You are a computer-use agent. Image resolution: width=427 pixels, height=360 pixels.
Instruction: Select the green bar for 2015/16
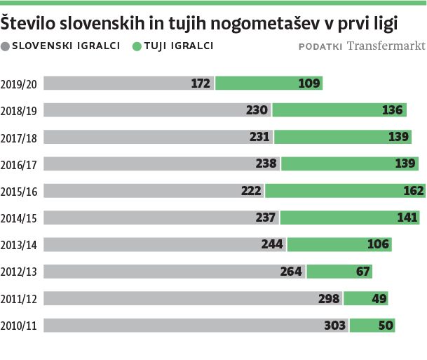point(344,191)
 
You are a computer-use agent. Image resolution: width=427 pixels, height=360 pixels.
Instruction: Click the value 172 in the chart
point(201,84)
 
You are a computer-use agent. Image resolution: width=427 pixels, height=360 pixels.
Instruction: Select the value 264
point(291,272)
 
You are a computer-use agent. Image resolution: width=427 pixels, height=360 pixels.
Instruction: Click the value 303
point(335,326)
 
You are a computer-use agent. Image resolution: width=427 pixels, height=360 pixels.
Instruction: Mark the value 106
point(379,245)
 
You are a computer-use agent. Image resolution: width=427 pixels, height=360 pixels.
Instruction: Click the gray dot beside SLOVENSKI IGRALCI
point(6,46)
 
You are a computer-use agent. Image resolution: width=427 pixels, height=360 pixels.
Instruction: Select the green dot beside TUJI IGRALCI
point(135,46)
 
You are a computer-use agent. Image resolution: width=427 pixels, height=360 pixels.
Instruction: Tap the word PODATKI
point(320,47)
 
